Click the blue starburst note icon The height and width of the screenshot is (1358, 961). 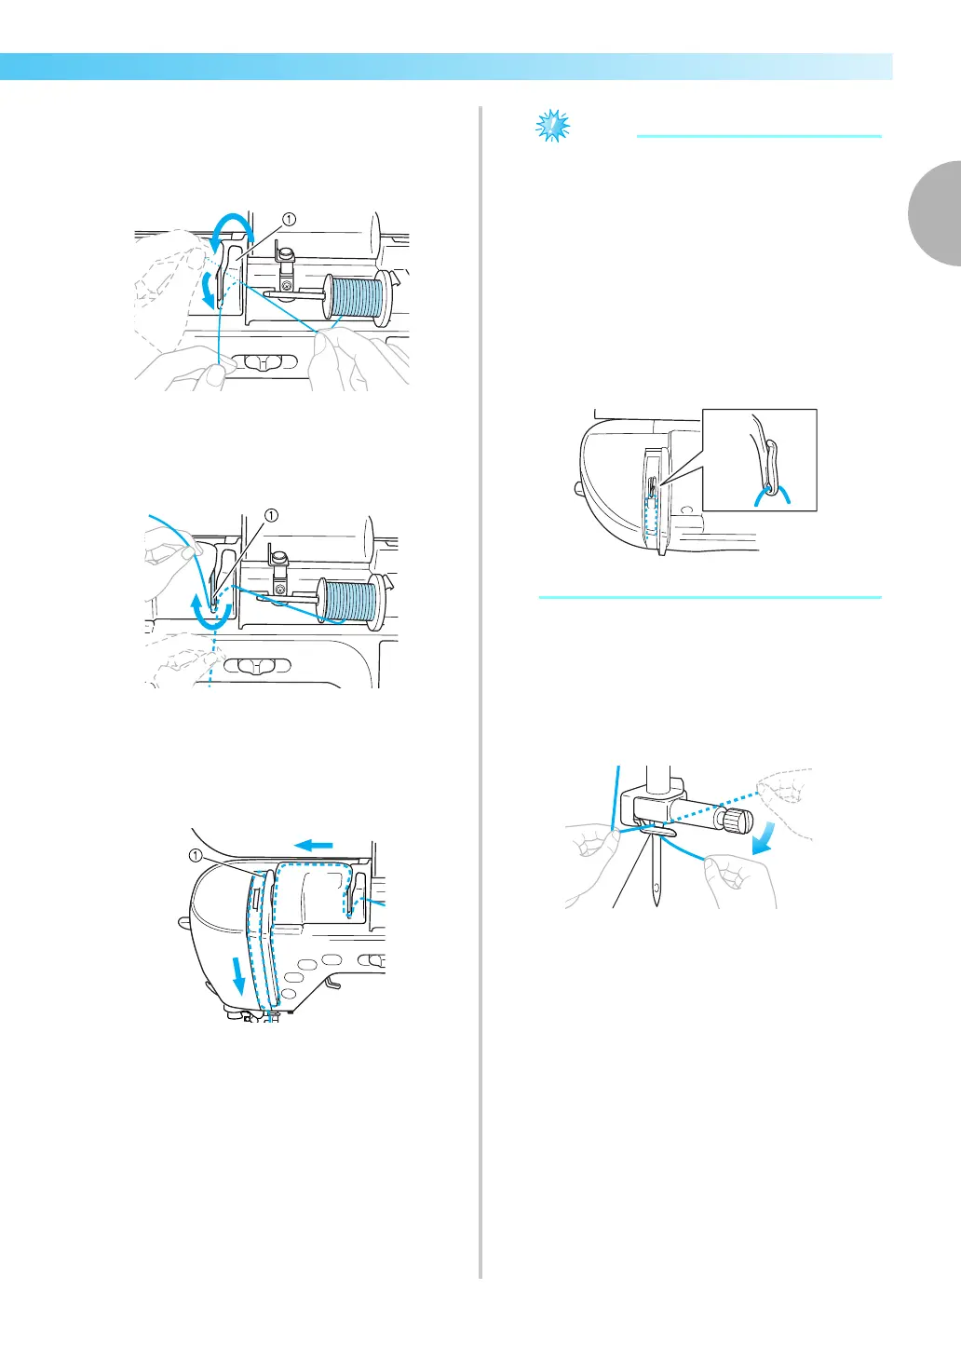coord(553,125)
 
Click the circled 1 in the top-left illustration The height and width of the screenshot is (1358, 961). coord(289,219)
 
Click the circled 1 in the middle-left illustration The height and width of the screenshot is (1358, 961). coord(271,514)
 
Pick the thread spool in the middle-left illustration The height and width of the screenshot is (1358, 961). coord(348,603)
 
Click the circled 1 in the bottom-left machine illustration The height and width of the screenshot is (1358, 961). coord(195,855)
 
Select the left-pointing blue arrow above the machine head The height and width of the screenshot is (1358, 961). coord(315,845)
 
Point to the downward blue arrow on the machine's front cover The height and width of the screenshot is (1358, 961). coord(240,977)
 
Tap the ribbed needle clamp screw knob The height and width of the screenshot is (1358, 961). coord(738,822)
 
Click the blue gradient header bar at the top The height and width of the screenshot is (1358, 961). coord(446,67)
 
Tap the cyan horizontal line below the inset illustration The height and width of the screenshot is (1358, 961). coord(710,597)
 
